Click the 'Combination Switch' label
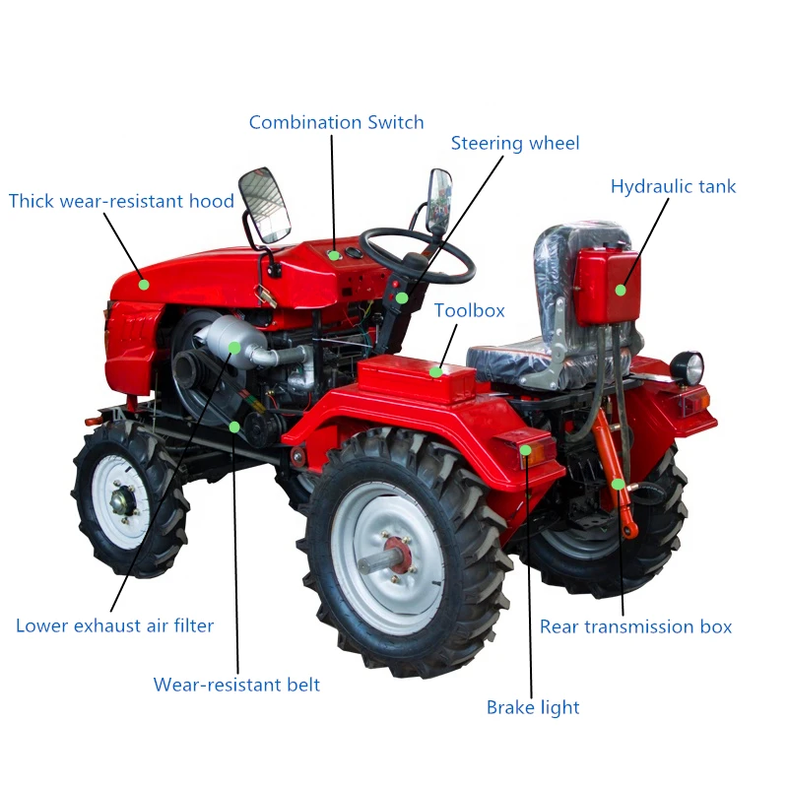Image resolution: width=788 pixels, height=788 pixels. point(336,123)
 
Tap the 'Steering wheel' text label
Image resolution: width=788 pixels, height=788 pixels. point(515,144)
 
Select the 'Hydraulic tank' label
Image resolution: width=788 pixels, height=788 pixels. point(673,187)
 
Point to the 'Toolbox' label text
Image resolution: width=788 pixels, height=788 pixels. point(469,311)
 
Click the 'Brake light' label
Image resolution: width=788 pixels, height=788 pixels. point(533,707)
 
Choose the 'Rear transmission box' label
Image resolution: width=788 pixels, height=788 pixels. point(635,626)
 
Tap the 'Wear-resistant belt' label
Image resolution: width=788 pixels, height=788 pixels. point(236,685)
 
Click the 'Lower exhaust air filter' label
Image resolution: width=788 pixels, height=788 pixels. point(114,625)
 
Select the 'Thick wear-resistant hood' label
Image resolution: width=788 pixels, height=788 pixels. point(121,202)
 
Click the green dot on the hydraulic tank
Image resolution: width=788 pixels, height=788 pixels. point(621,290)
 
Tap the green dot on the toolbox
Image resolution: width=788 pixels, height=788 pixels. point(435,371)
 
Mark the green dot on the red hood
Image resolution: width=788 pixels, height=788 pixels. point(144,285)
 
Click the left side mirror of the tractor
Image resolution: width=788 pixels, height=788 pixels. point(265,205)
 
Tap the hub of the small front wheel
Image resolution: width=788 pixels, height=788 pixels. point(122,500)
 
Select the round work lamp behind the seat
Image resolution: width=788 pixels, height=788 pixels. point(687,367)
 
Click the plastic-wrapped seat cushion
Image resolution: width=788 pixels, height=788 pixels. point(508,352)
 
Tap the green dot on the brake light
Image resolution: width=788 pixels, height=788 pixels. point(525,451)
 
